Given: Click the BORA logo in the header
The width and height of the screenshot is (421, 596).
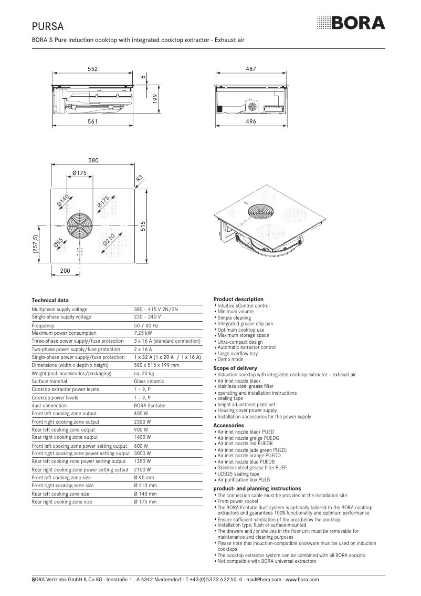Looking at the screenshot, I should pos(351,23).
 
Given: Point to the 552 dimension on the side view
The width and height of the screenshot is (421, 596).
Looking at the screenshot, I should pos(92,69).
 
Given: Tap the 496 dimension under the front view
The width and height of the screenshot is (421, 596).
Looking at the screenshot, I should pos(251,121).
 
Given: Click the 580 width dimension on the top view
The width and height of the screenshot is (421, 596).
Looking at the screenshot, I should pos(93,160).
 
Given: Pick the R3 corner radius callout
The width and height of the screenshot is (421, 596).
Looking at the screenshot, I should pos(140,179).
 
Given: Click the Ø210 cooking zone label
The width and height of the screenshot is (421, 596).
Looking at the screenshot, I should pos(109,242).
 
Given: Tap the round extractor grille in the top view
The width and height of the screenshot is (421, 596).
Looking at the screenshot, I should pos(79,225).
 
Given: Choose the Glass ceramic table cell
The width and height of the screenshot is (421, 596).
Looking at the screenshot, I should pos(149,381).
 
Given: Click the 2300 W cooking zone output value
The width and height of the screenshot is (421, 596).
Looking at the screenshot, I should pos(143,422).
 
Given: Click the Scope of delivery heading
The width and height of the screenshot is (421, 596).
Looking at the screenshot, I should pos(235,368).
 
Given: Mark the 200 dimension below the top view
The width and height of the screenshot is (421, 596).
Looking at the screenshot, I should pos(65,270).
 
